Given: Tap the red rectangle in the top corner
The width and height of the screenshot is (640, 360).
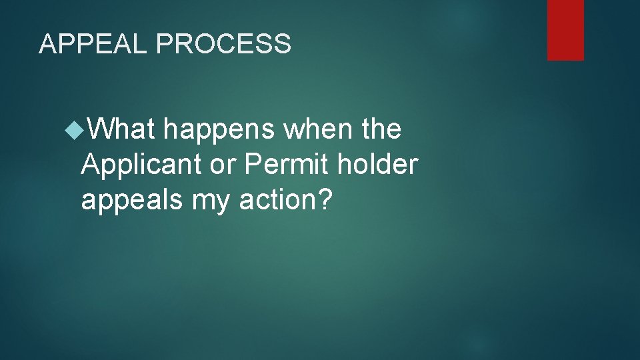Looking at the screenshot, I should point(565,30).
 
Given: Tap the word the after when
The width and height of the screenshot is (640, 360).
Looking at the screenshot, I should point(380,129).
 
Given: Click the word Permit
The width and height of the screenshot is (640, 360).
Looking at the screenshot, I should point(287,164).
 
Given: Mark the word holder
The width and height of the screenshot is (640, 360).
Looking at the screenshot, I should point(377,164).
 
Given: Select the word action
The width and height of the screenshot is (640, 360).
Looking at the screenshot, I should point(275,199).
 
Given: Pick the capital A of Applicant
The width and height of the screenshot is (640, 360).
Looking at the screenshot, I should point(91,164).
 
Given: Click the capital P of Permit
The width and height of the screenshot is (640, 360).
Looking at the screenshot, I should point(253,164).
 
